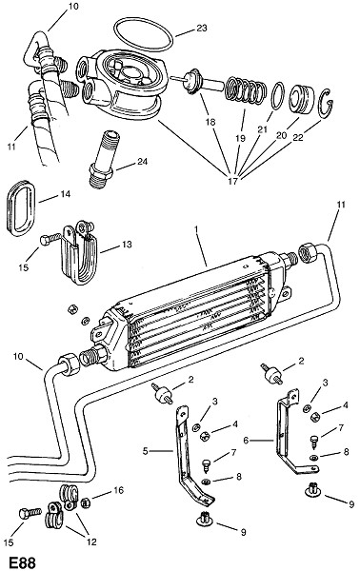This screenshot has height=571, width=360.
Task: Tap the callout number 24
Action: tap(143, 161)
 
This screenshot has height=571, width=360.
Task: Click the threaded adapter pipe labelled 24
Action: tap(104, 160)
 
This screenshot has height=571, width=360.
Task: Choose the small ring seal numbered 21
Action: tap(278, 96)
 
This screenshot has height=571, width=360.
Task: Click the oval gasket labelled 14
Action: tap(21, 208)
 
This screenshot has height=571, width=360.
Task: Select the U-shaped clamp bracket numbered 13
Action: tap(78, 253)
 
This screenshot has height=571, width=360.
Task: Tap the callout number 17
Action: tap(232, 181)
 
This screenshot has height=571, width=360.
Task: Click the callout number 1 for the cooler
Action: tap(196, 229)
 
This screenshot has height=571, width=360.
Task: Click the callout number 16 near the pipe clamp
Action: tap(119, 490)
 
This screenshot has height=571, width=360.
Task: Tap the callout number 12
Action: tap(91, 541)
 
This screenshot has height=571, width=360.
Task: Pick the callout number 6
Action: tap(246, 441)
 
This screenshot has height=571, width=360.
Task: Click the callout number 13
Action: tap(127, 245)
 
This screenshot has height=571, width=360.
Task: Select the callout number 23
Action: tap(202, 28)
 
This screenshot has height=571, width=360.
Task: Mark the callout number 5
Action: tap(146, 451)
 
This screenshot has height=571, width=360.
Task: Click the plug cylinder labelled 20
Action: tap(302, 99)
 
